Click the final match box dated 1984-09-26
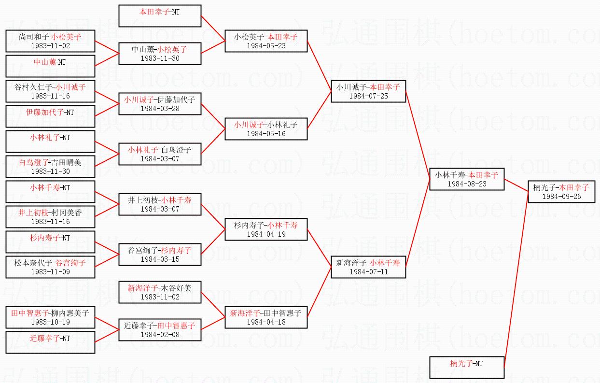560,191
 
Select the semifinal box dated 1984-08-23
466,179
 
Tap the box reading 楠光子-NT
466,367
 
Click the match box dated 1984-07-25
368,91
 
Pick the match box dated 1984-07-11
368,267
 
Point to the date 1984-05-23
266,46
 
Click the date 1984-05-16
266,134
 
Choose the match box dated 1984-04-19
266,229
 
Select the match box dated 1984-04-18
266,317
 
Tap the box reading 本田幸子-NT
160,16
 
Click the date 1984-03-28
160,109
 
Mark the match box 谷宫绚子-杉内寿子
160,255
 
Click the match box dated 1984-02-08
160,330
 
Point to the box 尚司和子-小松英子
50,41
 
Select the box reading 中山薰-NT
50,66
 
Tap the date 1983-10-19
50,322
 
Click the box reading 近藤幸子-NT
50,342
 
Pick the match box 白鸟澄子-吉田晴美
50,167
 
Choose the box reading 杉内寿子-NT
50,242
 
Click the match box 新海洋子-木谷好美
160,292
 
